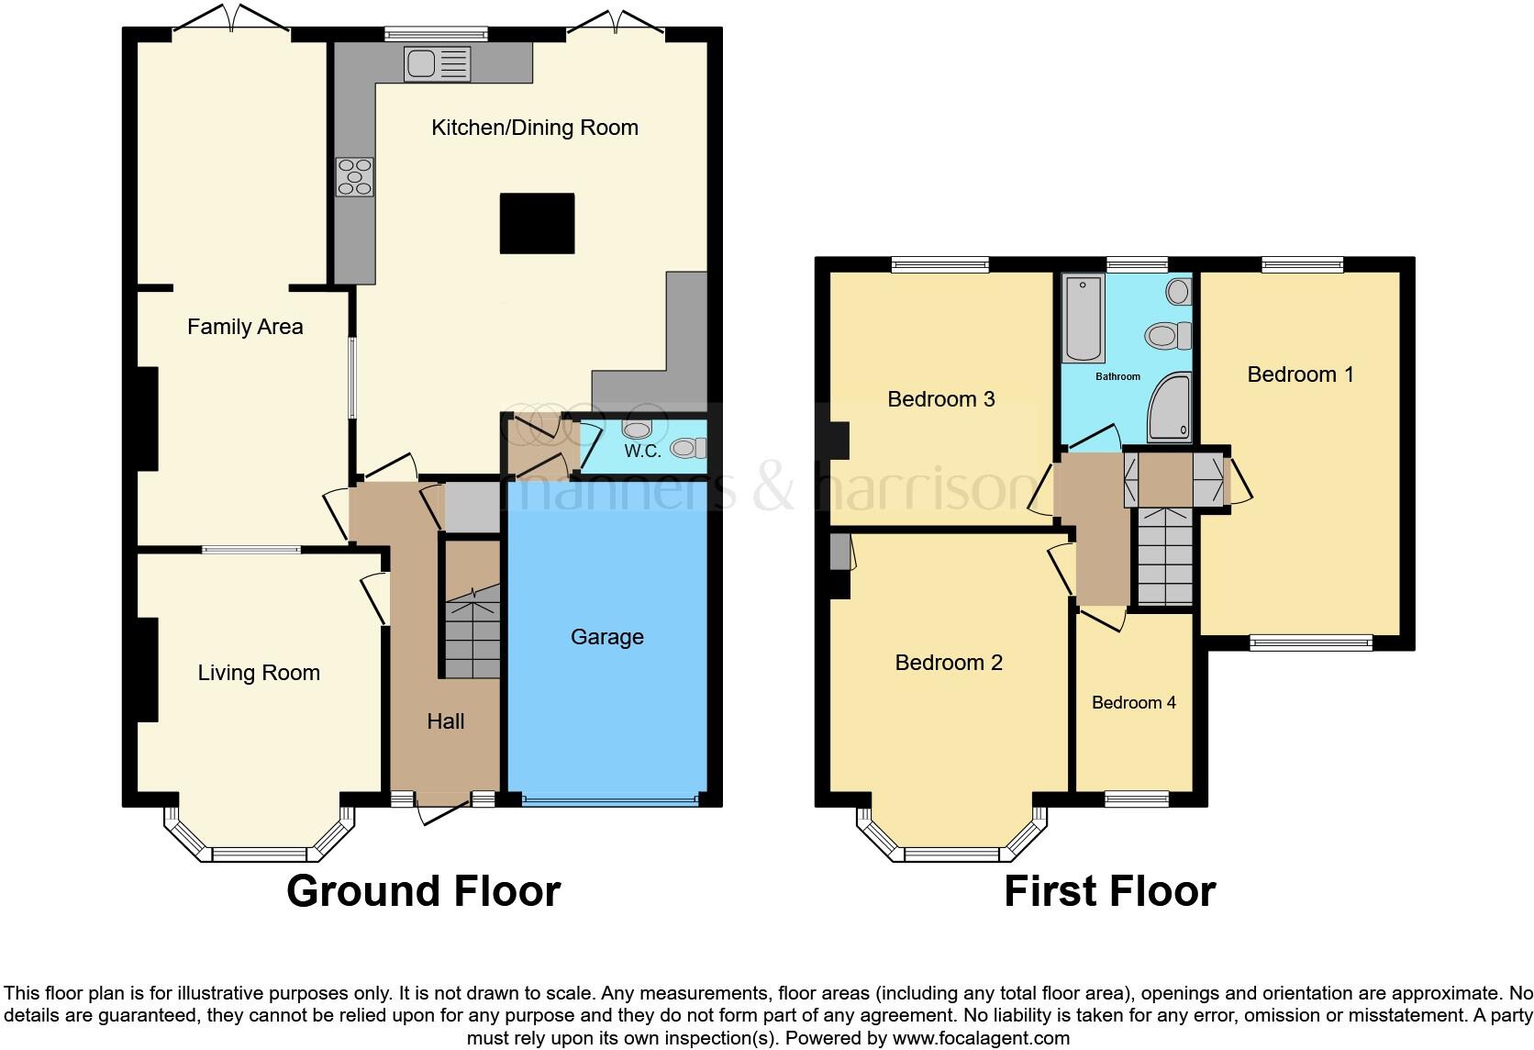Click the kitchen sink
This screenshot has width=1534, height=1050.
[x=438, y=64]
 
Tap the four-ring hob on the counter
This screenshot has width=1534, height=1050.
[x=355, y=176]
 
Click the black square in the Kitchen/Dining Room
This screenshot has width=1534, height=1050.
[x=537, y=223]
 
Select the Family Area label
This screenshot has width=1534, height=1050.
[x=245, y=327]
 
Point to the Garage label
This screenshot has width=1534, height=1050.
[x=606, y=637]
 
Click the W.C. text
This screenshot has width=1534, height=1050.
[x=643, y=452]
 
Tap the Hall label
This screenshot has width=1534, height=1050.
[x=446, y=721]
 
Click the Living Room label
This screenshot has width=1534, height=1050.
[x=259, y=673]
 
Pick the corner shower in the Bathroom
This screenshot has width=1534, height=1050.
[x=1170, y=408]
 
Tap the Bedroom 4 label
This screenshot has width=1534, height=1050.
[x=1134, y=703]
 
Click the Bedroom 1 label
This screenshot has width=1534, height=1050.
[x=1300, y=374]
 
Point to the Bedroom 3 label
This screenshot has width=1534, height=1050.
[x=941, y=399]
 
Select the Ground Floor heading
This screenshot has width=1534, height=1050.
[x=423, y=891]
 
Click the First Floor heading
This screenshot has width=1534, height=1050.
[x=1109, y=891]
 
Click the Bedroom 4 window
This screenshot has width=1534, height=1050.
[x=1137, y=799]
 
